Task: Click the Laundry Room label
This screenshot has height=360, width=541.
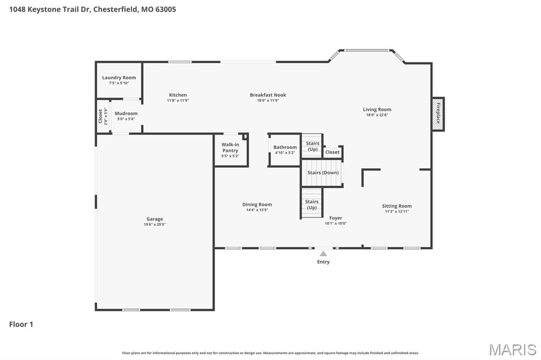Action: (119, 78)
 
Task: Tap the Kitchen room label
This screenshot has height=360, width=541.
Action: (178, 95)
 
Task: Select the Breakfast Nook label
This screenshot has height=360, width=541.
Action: (268, 95)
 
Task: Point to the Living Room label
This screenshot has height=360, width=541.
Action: (377, 110)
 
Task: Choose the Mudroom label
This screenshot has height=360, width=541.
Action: (126, 113)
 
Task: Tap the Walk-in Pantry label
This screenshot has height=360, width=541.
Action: (230, 147)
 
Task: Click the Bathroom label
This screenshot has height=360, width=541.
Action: (285, 147)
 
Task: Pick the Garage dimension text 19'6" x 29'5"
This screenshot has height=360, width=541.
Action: (155, 224)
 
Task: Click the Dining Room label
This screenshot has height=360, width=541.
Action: (257, 204)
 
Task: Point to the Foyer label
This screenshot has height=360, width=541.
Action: (335, 217)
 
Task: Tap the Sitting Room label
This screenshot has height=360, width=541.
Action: (397, 206)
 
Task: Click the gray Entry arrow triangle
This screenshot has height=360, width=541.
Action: (323, 254)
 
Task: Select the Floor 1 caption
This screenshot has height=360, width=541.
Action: (21, 325)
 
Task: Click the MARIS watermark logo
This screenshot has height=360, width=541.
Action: (512, 349)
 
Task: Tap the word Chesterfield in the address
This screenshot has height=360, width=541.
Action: (116, 9)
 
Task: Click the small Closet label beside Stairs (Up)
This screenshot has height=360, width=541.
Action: (332, 152)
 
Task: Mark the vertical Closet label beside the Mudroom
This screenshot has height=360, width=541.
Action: (100, 116)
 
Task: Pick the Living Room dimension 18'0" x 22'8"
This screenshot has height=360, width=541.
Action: (377, 115)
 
